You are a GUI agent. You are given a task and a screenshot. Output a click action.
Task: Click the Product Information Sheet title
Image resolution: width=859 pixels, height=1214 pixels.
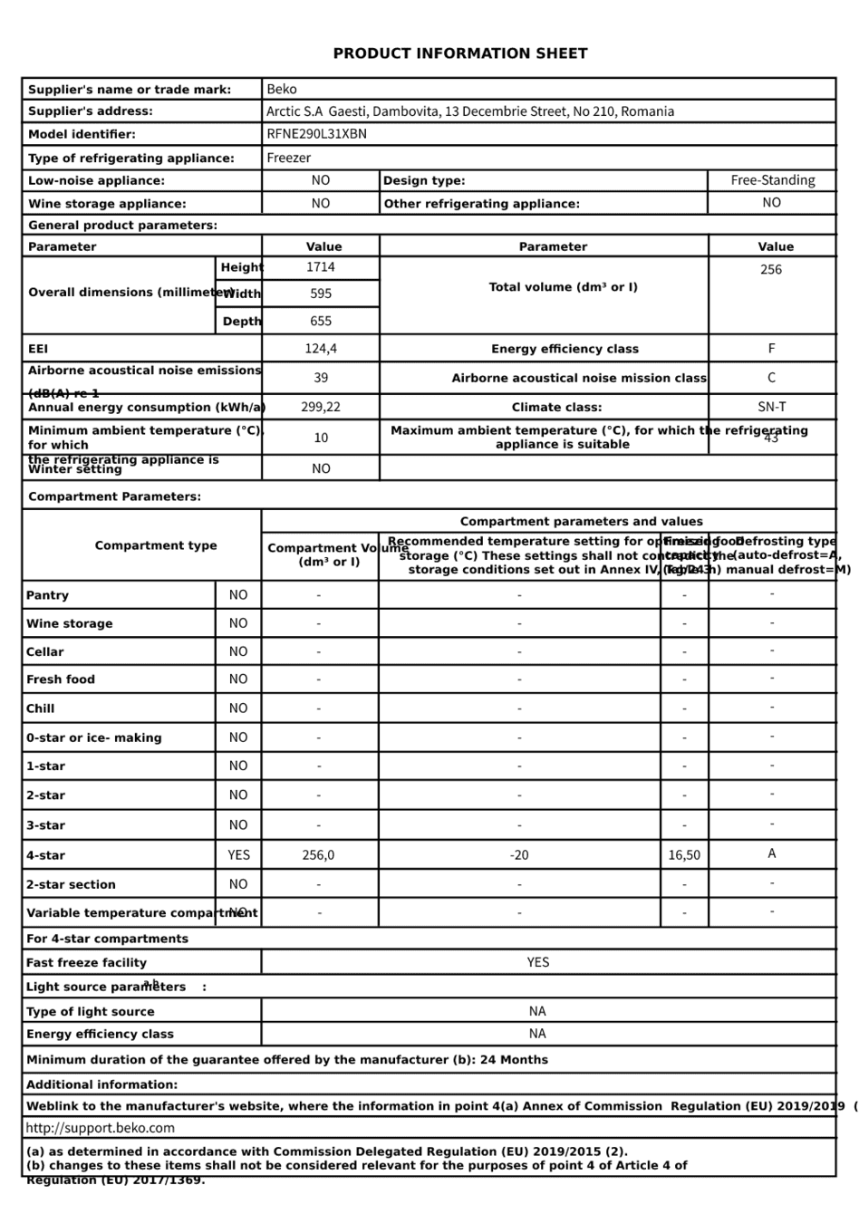pyautogui.click(x=459, y=53)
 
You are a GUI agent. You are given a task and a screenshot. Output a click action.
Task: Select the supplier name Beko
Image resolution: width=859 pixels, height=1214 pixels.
pyautogui.click(x=282, y=89)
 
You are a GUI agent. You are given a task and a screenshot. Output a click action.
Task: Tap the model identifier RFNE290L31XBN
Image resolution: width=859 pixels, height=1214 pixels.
pyautogui.click(x=316, y=134)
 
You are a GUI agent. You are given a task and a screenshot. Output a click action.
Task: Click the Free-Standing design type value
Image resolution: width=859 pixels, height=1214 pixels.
pyautogui.click(x=772, y=180)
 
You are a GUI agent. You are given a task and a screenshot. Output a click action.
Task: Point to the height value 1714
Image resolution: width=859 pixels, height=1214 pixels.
pyautogui.click(x=321, y=267)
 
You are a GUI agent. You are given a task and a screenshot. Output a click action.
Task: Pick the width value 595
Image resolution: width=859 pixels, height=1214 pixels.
pyautogui.click(x=321, y=294)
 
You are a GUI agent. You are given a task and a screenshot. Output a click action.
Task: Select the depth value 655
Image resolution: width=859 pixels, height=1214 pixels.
pyautogui.click(x=321, y=321)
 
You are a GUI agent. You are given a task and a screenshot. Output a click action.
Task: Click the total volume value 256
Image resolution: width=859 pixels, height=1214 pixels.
pyautogui.click(x=771, y=269)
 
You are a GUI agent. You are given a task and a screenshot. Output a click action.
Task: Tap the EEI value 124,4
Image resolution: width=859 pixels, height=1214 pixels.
pyautogui.click(x=321, y=349)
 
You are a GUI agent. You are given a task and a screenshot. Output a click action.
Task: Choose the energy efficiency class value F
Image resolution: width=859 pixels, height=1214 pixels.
pyautogui.click(x=771, y=349)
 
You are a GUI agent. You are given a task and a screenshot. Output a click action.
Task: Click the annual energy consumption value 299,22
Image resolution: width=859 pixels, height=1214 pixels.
pyautogui.click(x=321, y=407)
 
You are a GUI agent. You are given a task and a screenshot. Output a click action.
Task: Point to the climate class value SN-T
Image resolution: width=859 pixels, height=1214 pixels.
pyautogui.click(x=771, y=407)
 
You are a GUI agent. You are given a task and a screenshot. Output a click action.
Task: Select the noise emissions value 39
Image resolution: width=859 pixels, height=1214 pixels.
pyautogui.click(x=321, y=378)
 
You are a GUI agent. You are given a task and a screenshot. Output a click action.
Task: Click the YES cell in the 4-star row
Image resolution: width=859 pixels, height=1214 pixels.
pyautogui.click(x=238, y=854)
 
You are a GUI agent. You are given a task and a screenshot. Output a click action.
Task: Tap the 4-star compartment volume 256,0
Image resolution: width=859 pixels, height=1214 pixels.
pyautogui.click(x=318, y=854)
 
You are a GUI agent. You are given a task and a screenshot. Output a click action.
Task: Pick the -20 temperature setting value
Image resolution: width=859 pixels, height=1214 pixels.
pyautogui.click(x=519, y=854)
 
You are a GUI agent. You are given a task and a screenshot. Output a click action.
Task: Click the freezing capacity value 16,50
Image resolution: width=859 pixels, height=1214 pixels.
pyautogui.click(x=684, y=854)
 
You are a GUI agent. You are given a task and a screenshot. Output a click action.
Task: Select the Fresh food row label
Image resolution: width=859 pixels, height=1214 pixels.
pyautogui.click(x=61, y=679)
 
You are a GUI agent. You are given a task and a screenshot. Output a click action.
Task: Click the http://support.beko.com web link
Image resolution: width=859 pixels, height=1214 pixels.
pyautogui.click(x=101, y=1128)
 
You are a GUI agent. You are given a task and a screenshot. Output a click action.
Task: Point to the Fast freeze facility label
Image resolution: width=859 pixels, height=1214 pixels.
pyautogui.click(x=86, y=963)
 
